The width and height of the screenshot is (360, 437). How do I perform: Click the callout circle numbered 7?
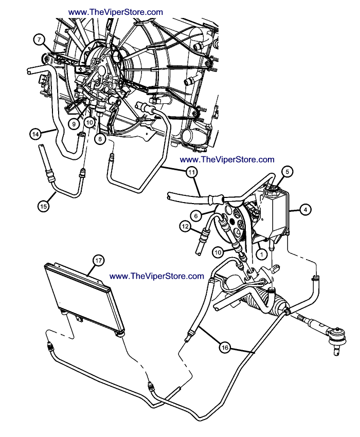39,40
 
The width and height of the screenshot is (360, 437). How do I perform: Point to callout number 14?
35,134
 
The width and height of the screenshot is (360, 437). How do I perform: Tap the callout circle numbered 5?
286,171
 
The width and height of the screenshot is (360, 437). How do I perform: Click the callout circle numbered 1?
262,253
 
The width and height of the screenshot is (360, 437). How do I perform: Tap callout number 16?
225,348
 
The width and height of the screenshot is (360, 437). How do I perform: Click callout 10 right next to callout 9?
89,123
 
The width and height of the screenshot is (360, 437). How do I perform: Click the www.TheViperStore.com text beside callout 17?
157,276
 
